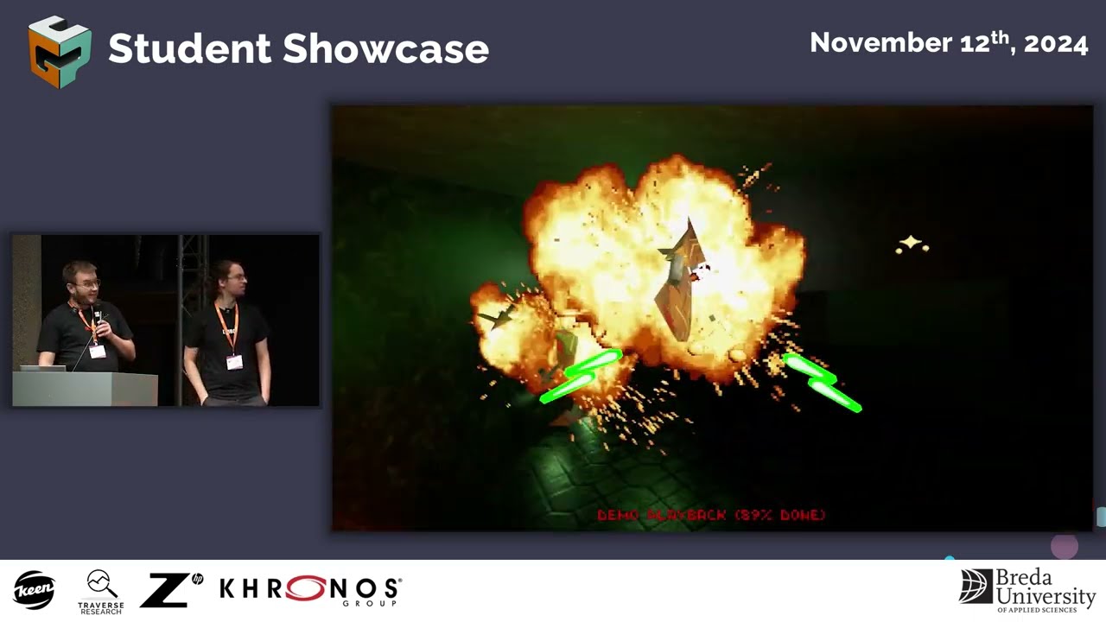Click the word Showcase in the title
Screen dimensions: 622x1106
pos(386,48)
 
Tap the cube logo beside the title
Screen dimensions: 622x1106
pos(60,52)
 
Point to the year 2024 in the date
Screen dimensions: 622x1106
pos(1056,43)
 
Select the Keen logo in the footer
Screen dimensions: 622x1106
pos(35,590)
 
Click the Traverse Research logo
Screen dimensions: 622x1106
pos(101,591)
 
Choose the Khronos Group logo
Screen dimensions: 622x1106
pos(310,590)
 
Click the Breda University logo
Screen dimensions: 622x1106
pos(1027,589)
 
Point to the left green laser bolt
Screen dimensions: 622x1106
pos(580,377)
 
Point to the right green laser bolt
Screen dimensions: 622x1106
pos(822,382)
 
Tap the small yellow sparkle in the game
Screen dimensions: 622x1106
pos(911,245)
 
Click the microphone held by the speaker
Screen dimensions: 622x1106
pos(98,314)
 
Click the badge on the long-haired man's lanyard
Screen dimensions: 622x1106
pos(234,362)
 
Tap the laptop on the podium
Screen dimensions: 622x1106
pos(42,368)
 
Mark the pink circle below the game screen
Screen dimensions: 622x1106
pos(1065,546)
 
